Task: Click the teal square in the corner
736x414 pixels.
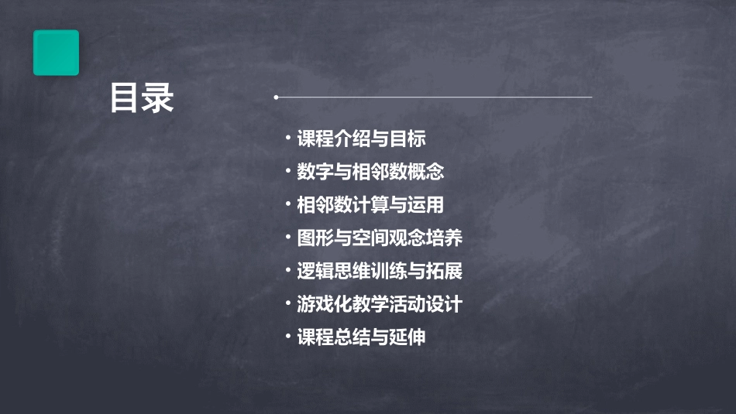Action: pyautogui.click(x=56, y=53)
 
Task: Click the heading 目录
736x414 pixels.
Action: pyautogui.click(x=142, y=98)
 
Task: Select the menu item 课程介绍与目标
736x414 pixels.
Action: pyautogui.click(x=361, y=139)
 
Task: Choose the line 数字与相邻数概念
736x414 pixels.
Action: pyautogui.click(x=370, y=172)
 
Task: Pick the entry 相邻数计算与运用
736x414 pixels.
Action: pyautogui.click(x=370, y=205)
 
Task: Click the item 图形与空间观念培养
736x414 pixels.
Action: pyautogui.click(x=380, y=238)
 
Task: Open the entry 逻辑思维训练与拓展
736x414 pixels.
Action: pyautogui.click(x=380, y=272)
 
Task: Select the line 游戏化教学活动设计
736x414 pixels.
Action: pyautogui.click(x=380, y=304)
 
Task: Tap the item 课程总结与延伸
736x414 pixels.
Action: pyautogui.click(x=361, y=337)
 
